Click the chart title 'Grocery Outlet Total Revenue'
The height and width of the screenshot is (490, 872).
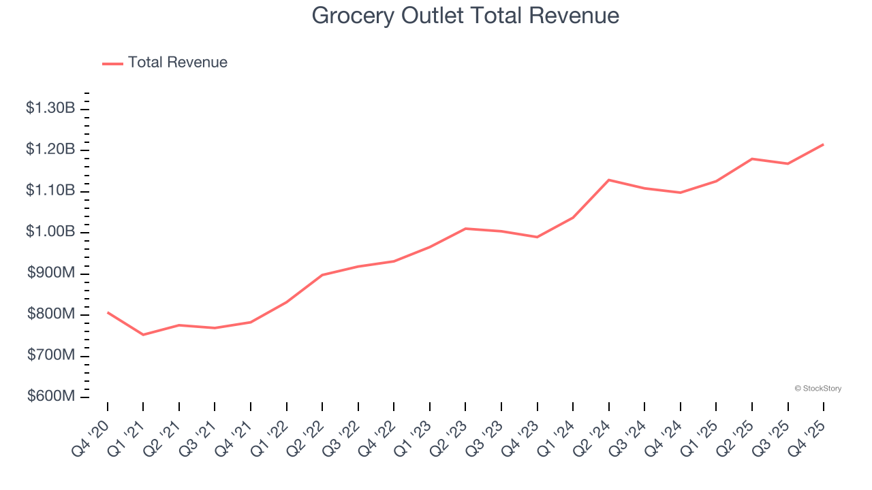(x=465, y=16)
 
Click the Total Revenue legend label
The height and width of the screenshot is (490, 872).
(x=177, y=63)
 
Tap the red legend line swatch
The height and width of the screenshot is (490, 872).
(x=112, y=63)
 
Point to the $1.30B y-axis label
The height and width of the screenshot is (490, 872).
(x=50, y=108)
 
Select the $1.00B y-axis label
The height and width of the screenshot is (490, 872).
(x=50, y=232)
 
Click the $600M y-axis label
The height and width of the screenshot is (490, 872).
(x=51, y=397)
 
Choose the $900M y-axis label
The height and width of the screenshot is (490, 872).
(x=51, y=274)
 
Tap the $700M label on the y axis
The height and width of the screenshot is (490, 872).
(x=51, y=356)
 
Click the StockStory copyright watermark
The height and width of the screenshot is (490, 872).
(x=817, y=389)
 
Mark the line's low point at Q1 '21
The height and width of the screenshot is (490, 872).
(x=143, y=335)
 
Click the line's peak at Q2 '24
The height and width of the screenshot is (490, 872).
(x=608, y=180)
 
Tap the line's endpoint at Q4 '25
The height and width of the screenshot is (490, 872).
(x=824, y=144)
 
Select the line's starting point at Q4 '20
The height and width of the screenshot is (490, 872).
(x=108, y=312)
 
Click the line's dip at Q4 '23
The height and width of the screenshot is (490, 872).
(x=537, y=237)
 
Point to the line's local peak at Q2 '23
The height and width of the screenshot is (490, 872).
(x=465, y=229)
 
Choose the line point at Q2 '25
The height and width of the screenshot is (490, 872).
(x=752, y=159)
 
